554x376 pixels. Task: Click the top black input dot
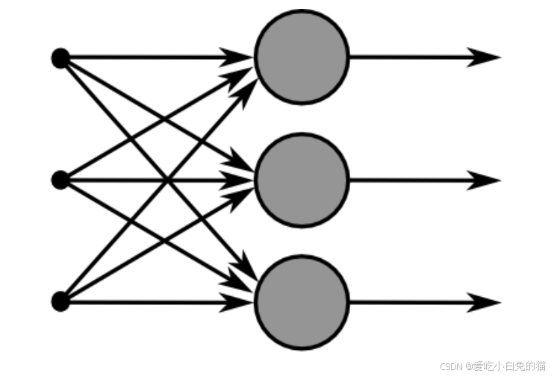(60, 57)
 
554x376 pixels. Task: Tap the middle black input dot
(60, 180)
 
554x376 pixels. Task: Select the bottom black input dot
(60, 302)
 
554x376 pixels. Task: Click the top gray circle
(302, 57)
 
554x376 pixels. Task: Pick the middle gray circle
(302, 180)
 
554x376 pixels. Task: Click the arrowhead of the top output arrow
(485, 57)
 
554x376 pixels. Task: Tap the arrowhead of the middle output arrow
(485, 180)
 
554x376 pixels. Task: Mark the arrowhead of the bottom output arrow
(485, 303)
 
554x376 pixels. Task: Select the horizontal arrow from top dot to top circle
(149, 57)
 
